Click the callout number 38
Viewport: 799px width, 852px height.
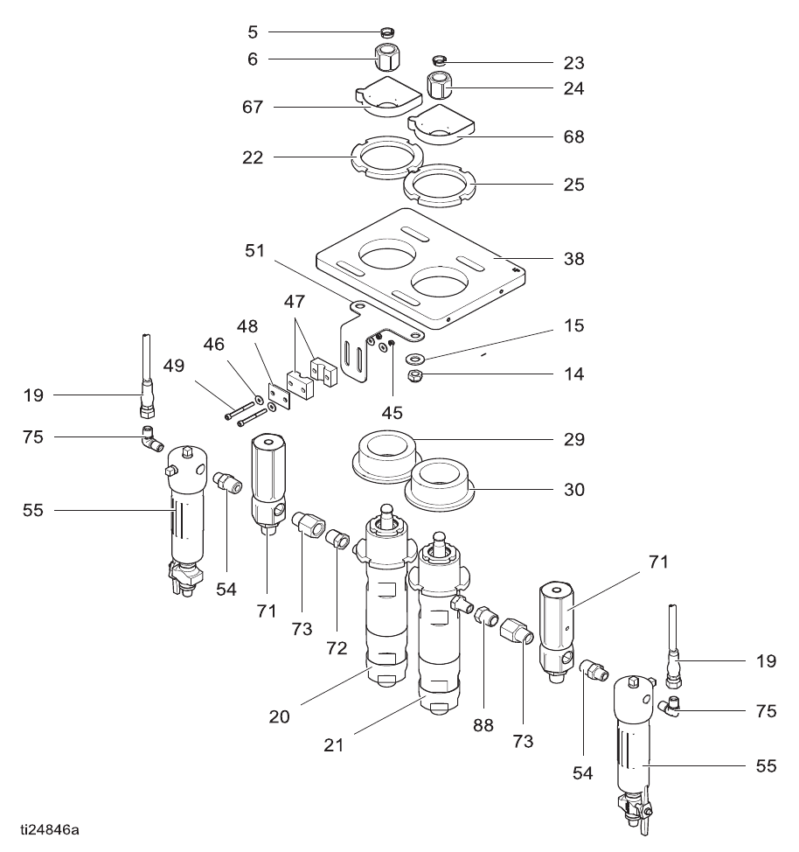(573, 259)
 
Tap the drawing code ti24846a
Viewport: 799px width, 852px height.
(50, 830)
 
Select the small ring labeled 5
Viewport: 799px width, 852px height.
(387, 32)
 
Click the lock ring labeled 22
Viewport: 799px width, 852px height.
(387, 157)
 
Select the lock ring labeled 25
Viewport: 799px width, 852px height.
(440, 185)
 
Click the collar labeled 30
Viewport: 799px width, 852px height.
(441, 485)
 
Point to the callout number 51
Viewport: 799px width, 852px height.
(254, 251)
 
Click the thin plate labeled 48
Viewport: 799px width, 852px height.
(279, 396)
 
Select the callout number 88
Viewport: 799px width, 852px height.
(483, 725)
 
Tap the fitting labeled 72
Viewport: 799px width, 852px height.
(337, 540)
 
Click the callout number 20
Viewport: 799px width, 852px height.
(279, 716)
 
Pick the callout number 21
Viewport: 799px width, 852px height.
(334, 745)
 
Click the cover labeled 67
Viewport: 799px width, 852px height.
(388, 97)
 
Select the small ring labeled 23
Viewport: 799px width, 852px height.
(440, 59)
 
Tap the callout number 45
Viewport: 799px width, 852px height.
(393, 413)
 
